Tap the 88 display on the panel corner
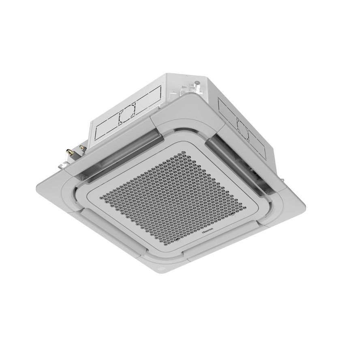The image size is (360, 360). [x=161, y=268]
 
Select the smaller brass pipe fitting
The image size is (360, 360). [x=81, y=147]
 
